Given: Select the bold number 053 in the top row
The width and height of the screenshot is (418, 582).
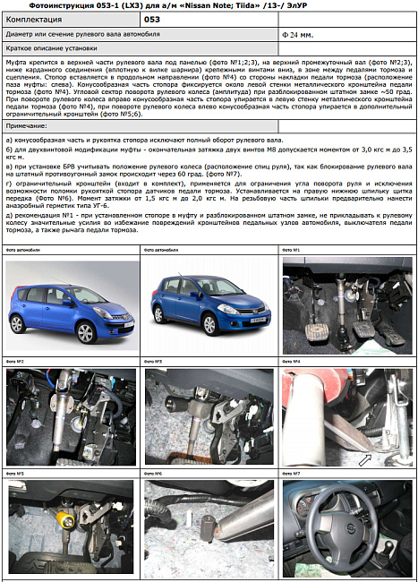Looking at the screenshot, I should tap(152, 18).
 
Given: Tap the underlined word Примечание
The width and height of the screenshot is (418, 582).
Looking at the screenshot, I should tap(26, 131).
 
